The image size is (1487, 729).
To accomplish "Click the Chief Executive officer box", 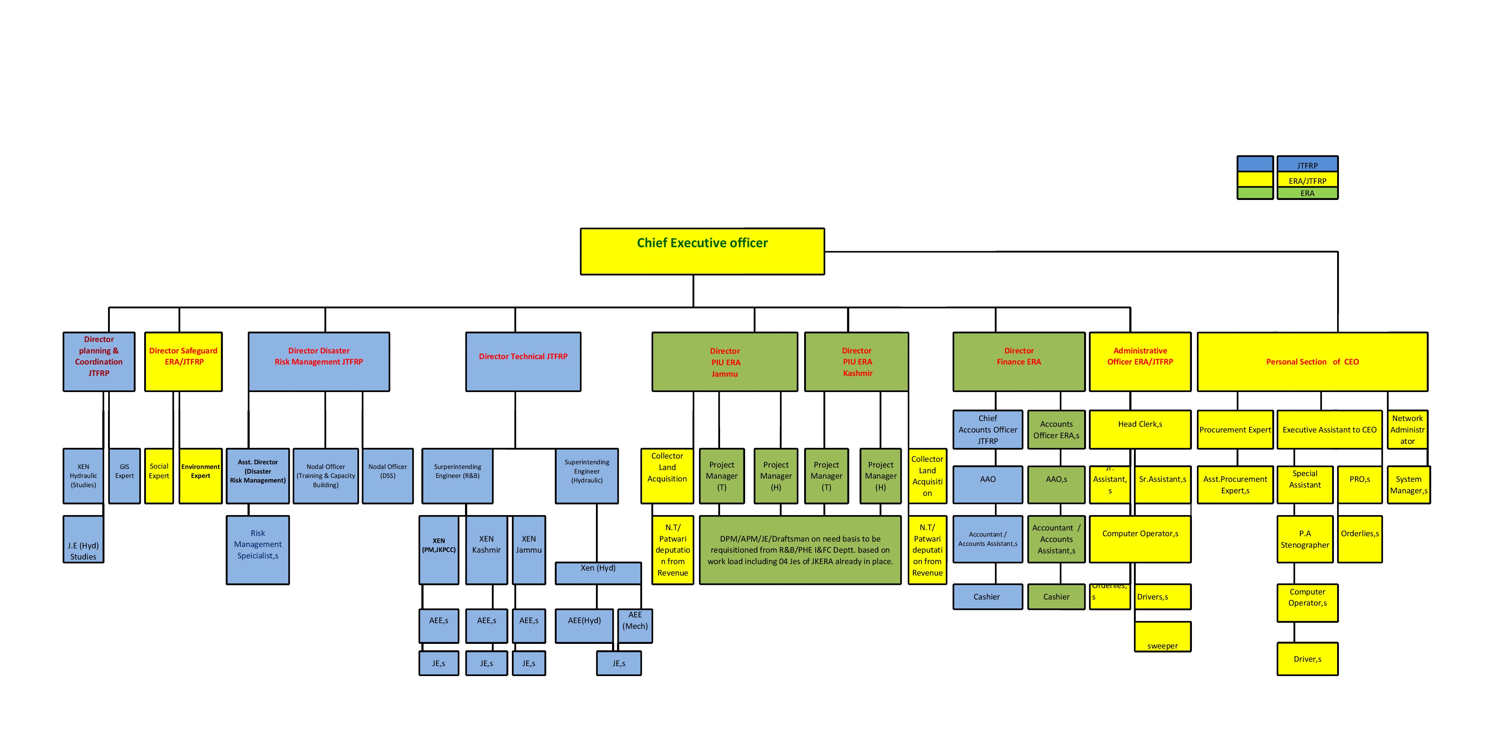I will coord(702,251).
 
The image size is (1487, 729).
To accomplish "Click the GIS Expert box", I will coord(124,476).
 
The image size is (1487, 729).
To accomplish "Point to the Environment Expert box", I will coord(200,476).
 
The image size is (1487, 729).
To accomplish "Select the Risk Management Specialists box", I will coord(258,549).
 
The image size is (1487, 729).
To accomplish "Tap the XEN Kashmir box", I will coord(486,549).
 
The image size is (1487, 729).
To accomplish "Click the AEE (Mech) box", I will coord(635,625).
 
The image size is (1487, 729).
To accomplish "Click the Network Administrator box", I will coord(1407,430).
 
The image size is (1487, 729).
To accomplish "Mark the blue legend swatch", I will coord(1255,164).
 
